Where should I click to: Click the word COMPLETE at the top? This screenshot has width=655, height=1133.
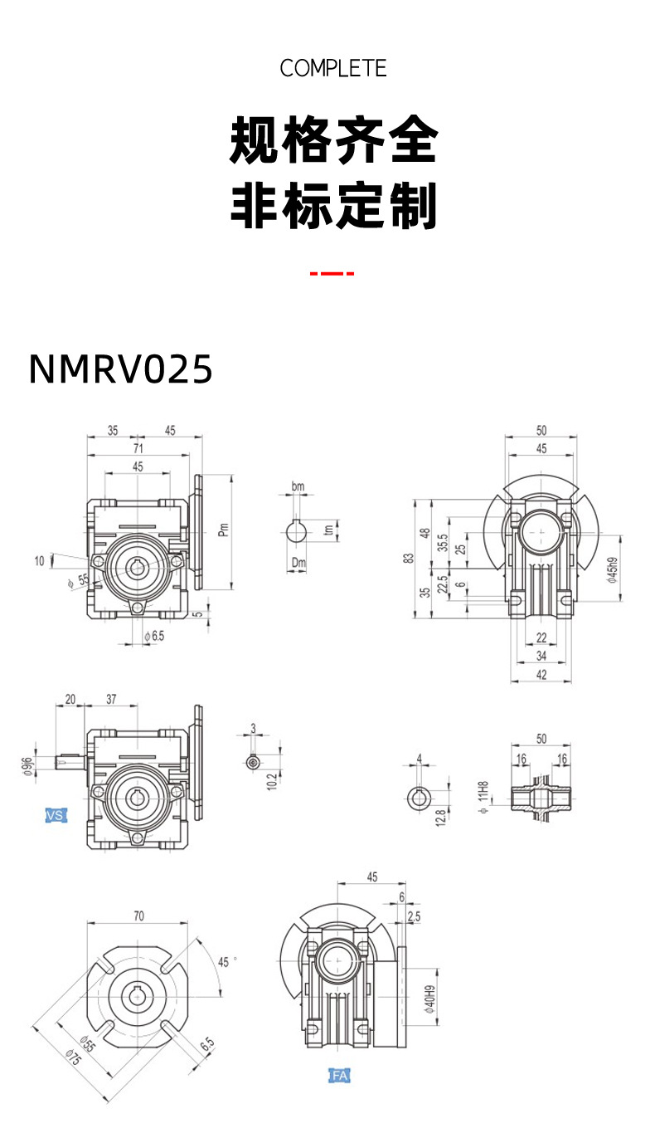click(x=333, y=68)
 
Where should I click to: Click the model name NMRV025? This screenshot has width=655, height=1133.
click(x=121, y=369)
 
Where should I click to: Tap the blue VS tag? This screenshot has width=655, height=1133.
click(x=55, y=816)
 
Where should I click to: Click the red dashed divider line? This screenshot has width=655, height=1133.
click(x=332, y=273)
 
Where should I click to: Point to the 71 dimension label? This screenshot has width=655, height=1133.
click(x=138, y=448)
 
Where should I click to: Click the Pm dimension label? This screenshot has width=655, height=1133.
click(x=222, y=530)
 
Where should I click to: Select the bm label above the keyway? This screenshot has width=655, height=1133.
click(x=298, y=486)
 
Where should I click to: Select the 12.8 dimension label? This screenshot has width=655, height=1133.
click(x=440, y=817)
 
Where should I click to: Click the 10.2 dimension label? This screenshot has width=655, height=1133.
click(x=271, y=780)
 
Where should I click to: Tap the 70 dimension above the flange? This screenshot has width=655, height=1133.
click(x=138, y=916)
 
